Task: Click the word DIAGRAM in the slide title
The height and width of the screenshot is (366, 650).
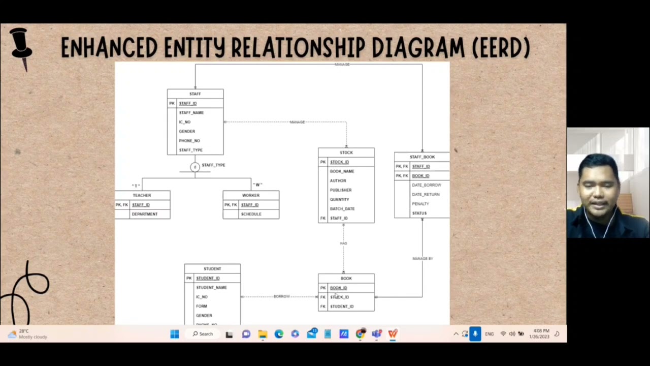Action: [x=417, y=48]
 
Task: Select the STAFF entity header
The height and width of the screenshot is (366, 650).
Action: [x=195, y=94]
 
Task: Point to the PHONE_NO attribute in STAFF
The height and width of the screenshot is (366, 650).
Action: [x=189, y=141]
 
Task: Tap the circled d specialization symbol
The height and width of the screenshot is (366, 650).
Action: [x=194, y=167]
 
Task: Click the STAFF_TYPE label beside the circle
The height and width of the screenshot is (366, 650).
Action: [x=213, y=165]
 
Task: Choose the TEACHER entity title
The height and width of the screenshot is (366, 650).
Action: [x=142, y=195]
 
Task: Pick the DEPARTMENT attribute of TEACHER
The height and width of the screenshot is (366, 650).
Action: [x=145, y=214]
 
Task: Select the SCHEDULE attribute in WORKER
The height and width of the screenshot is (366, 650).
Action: [x=251, y=214]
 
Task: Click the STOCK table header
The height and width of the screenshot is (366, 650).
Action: [x=346, y=152]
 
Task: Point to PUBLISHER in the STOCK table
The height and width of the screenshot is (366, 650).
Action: [x=341, y=190]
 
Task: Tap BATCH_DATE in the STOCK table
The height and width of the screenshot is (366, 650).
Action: [x=342, y=209]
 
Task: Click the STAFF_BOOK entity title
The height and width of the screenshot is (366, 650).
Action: [x=422, y=157]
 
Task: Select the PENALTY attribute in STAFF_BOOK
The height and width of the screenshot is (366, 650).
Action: [x=420, y=204]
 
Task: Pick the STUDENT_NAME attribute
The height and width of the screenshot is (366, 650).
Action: [x=211, y=288]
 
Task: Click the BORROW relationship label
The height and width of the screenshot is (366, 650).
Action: [x=281, y=296]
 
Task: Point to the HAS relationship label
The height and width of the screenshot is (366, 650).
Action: [x=343, y=243]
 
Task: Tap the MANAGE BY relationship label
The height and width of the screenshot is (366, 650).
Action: [x=422, y=259]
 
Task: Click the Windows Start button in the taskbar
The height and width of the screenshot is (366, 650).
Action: [x=175, y=334]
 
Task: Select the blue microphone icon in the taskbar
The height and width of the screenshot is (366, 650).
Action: [x=475, y=334]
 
